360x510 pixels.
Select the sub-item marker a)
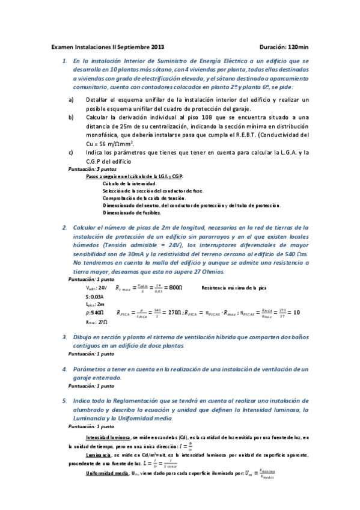tap(72, 99)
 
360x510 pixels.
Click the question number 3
tap(65, 337)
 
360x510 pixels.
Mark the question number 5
tap(65, 400)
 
